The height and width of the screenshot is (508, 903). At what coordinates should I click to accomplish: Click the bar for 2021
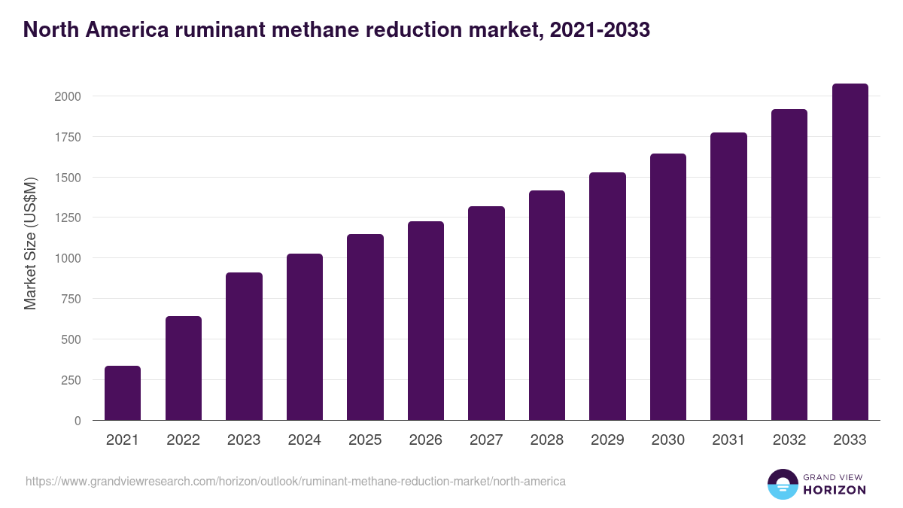tap(123, 393)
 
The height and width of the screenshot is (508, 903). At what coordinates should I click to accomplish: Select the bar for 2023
tap(244, 346)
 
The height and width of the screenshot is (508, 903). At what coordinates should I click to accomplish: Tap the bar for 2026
tap(426, 321)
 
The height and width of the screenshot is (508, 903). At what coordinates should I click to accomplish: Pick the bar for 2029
tap(607, 297)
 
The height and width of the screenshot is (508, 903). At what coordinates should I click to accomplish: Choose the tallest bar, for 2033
tap(850, 252)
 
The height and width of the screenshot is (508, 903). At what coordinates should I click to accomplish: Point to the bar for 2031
tap(728, 276)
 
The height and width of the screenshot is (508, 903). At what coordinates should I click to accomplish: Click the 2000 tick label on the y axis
tap(67, 96)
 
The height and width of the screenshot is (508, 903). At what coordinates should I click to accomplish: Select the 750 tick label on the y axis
tap(71, 299)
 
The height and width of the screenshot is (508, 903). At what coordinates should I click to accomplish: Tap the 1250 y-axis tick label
tap(67, 217)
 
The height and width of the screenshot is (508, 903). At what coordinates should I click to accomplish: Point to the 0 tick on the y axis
tap(78, 421)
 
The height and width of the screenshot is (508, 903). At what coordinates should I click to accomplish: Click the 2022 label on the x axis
tap(183, 440)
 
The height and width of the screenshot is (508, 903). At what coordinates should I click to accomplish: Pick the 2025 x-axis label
tap(365, 440)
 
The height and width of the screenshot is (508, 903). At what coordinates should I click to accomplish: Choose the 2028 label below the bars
tap(546, 440)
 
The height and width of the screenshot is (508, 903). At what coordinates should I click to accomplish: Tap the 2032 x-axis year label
tap(789, 440)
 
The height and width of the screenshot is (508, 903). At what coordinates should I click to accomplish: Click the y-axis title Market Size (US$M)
tap(30, 242)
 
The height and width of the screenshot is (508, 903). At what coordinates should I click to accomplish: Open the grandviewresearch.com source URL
tap(295, 481)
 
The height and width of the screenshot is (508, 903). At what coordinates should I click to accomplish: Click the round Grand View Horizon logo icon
tap(782, 484)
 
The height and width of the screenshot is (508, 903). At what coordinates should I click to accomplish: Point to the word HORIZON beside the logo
tap(834, 490)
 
